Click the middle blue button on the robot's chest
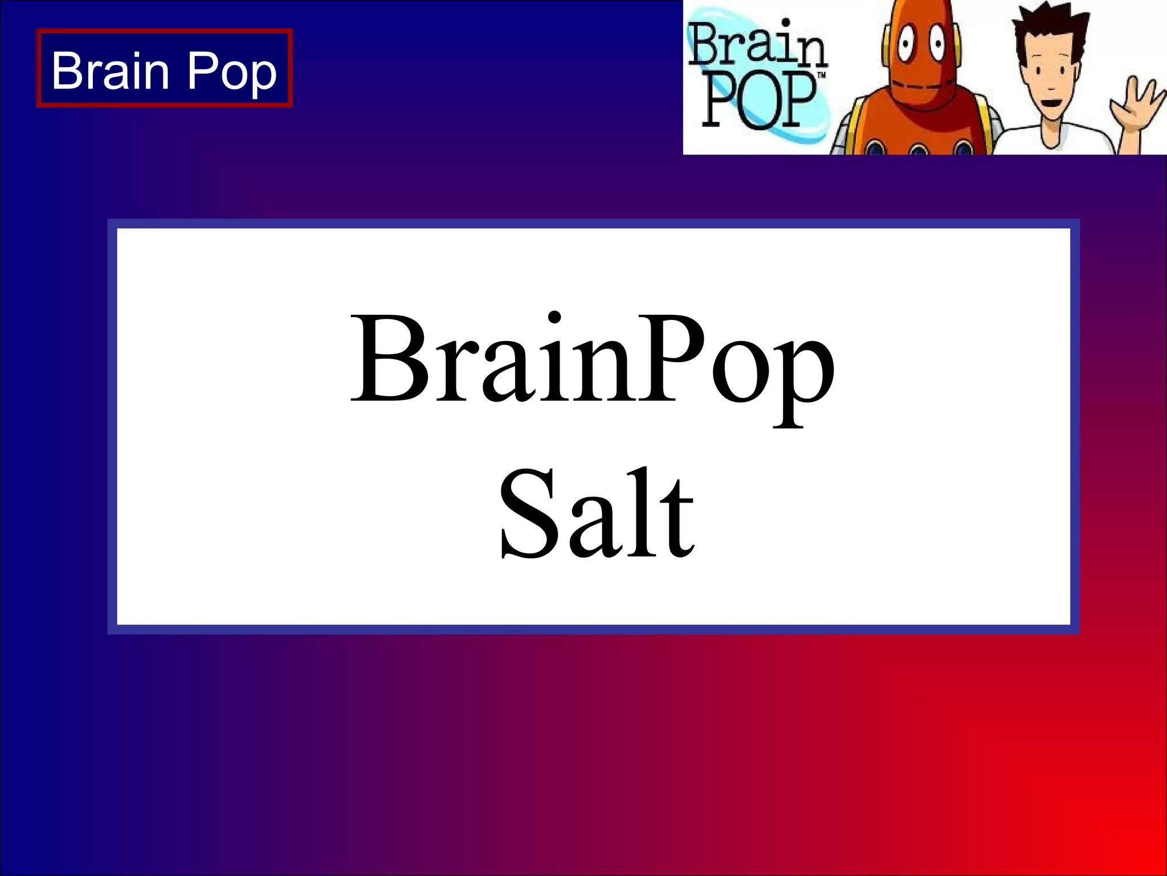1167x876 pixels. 919,149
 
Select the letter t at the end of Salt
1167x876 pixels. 678,519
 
